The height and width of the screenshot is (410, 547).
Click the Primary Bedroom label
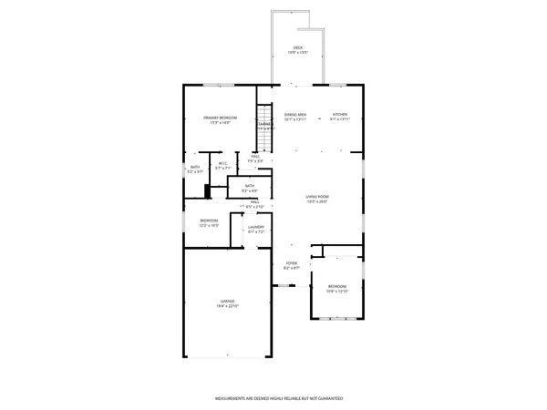[x=221, y=118]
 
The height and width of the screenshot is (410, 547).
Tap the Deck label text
[x=297, y=47]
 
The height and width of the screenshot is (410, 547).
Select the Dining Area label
[x=295, y=115]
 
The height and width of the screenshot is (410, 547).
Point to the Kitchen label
[x=340, y=115]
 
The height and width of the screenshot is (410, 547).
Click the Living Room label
[x=316, y=197]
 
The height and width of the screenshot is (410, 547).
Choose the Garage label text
[x=227, y=301]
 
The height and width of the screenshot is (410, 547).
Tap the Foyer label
[x=291, y=264]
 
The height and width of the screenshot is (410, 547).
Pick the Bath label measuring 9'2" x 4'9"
[x=250, y=186]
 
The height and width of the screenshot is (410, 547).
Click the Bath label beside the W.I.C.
[x=195, y=167]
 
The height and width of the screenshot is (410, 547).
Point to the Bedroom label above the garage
[x=210, y=220]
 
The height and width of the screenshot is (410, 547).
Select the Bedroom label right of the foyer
[x=338, y=286]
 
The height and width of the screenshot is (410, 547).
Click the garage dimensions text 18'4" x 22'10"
[x=227, y=306]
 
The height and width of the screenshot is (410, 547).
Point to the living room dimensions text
[x=316, y=202]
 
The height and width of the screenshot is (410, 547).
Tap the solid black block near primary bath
[x=208, y=191]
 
